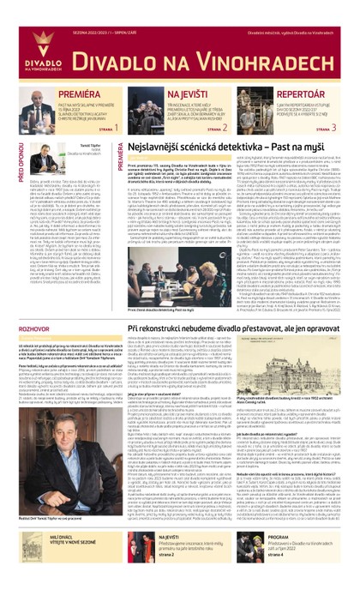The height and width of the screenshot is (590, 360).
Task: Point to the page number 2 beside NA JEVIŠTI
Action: (225, 127)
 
